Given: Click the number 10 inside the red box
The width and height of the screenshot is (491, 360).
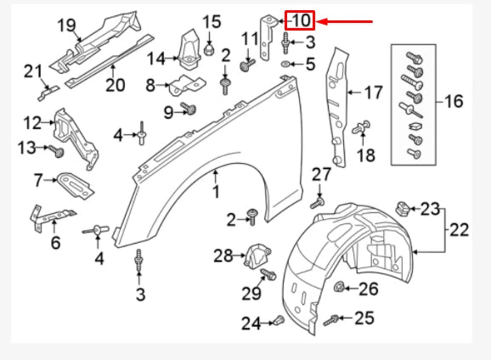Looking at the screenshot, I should click(x=301, y=20).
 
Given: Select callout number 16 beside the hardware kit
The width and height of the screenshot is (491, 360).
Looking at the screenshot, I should click(x=453, y=102).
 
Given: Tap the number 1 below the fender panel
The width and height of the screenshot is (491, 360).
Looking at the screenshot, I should click(x=216, y=193).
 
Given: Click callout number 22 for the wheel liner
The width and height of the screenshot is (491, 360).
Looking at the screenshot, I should click(x=460, y=229).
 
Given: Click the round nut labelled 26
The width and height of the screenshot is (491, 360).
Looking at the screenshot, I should click(x=341, y=286).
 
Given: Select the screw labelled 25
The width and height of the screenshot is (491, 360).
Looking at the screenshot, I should click(x=332, y=318).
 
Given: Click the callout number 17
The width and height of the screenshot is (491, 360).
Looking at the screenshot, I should click(x=374, y=92).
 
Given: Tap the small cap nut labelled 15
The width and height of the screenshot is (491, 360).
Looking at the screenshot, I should click(x=208, y=50).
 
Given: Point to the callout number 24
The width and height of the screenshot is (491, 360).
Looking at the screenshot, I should click(x=251, y=323).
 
